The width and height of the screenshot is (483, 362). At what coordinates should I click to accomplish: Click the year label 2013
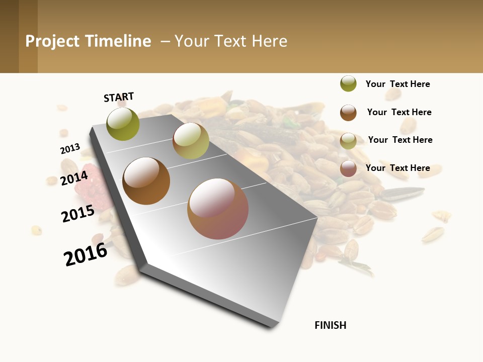(70, 149)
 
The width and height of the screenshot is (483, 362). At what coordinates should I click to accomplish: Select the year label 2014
(74, 178)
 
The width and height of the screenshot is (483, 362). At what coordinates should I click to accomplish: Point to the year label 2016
(86, 254)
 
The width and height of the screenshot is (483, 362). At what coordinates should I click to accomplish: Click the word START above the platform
(119, 97)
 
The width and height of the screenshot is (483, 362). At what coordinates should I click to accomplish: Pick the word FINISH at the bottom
(331, 325)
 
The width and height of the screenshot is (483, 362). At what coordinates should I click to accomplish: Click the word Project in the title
(52, 41)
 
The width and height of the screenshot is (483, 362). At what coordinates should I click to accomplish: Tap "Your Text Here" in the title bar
(231, 41)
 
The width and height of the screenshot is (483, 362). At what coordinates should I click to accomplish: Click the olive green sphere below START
(123, 124)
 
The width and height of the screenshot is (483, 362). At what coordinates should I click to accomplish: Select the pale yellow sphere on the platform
(191, 141)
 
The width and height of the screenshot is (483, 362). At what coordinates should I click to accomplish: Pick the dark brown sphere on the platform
(146, 181)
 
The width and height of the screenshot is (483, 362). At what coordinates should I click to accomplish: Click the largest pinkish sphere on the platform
(218, 209)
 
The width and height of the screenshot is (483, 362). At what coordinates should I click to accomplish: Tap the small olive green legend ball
(348, 83)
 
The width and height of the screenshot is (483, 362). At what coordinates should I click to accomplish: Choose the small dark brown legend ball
(348, 113)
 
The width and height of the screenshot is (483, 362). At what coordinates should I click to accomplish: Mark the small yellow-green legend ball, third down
(348, 141)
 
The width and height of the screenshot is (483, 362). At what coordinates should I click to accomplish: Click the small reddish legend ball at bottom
(348, 168)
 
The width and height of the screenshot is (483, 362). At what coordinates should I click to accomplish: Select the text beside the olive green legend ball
(397, 84)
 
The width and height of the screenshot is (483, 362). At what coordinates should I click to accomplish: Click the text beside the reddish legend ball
(397, 168)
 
